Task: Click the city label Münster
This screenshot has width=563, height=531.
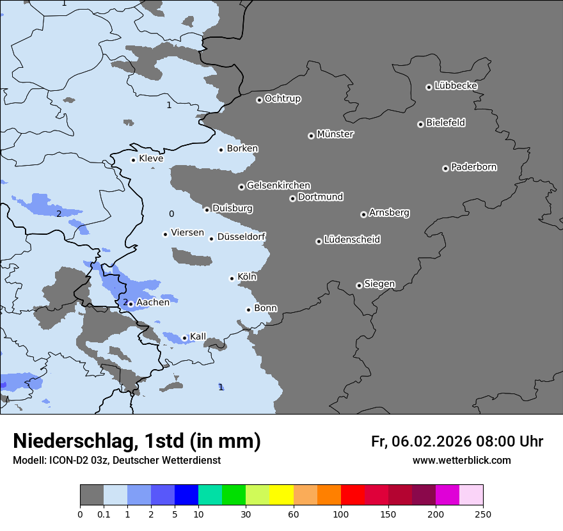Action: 335,134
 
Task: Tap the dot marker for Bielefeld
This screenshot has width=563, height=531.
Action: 420,124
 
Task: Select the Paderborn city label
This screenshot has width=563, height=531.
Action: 474,167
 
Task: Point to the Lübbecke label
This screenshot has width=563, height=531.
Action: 456,86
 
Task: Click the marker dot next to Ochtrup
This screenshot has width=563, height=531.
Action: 259,100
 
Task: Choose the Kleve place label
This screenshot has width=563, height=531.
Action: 151,159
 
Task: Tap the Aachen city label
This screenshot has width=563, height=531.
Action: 153,303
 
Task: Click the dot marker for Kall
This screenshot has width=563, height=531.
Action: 184,338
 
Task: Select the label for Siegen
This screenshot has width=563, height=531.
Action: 379,284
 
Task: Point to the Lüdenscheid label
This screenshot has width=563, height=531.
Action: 352,240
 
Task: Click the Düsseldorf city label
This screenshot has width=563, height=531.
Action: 241,237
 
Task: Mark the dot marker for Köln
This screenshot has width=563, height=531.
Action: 232,278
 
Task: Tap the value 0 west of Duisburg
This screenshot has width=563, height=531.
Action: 171,214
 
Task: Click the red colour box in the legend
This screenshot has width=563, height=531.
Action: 353,495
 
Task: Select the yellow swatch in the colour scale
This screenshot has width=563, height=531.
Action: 281,495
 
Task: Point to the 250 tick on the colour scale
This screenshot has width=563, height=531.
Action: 482,514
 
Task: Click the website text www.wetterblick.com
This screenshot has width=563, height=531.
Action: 461,460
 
